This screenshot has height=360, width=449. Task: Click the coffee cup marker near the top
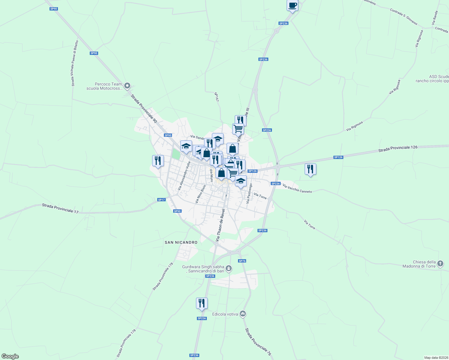tap(292, 5)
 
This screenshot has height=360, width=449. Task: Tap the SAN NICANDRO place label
tap(181, 242)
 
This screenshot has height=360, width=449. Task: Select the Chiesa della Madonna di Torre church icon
tap(440, 264)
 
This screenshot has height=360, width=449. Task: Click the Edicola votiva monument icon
tap(243, 314)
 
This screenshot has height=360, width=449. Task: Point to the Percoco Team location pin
tap(127, 86)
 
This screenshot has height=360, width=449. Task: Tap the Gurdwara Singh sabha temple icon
tap(229, 268)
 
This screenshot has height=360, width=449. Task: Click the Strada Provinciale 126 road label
tap(398, 148)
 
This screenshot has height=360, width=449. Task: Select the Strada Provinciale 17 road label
tap(60, 208)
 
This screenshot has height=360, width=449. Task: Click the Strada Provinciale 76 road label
tap(258, 342)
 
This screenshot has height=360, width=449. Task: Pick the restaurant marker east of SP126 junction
tap(310, 169)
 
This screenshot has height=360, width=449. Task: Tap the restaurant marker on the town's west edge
tap(158, 161)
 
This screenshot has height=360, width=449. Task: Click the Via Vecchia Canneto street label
tap(297, 189)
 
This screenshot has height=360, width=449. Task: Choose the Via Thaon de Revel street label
tap(220, 225)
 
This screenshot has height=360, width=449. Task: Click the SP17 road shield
tap(161, 200)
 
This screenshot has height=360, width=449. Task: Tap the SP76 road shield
tap(242, 261)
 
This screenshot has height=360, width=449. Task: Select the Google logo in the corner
tap(10, 356)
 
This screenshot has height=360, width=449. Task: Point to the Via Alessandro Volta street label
tap(184, 176)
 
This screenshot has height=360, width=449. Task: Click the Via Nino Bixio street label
tap(200, 194)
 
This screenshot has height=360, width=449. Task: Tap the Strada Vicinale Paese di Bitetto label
tap(75, 63)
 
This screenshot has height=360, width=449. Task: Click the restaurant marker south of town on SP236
tap(202, 303)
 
